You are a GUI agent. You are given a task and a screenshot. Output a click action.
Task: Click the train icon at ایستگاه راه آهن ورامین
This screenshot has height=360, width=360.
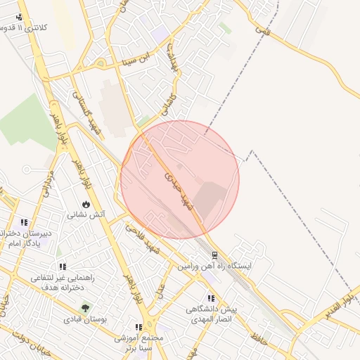click(x=214, y=255)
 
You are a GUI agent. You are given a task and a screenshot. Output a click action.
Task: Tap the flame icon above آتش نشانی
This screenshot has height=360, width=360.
click(x=86, y=205)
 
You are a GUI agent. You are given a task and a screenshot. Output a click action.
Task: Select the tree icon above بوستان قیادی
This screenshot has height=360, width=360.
click(x=86, y=308)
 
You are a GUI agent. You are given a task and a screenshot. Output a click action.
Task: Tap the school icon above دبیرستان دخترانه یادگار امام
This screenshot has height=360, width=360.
click(x=25, y=222)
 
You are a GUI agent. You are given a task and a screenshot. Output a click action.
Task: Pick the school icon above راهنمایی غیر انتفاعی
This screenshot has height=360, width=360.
click(x=62, y=267)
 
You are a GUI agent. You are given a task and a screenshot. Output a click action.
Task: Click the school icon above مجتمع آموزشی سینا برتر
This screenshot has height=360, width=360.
click(x=139, y=327)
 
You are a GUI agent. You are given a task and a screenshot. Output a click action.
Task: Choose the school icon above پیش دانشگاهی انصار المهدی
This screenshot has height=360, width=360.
click(x=211, y=299)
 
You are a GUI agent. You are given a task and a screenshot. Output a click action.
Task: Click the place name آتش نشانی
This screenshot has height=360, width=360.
click(x=86, y=215)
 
